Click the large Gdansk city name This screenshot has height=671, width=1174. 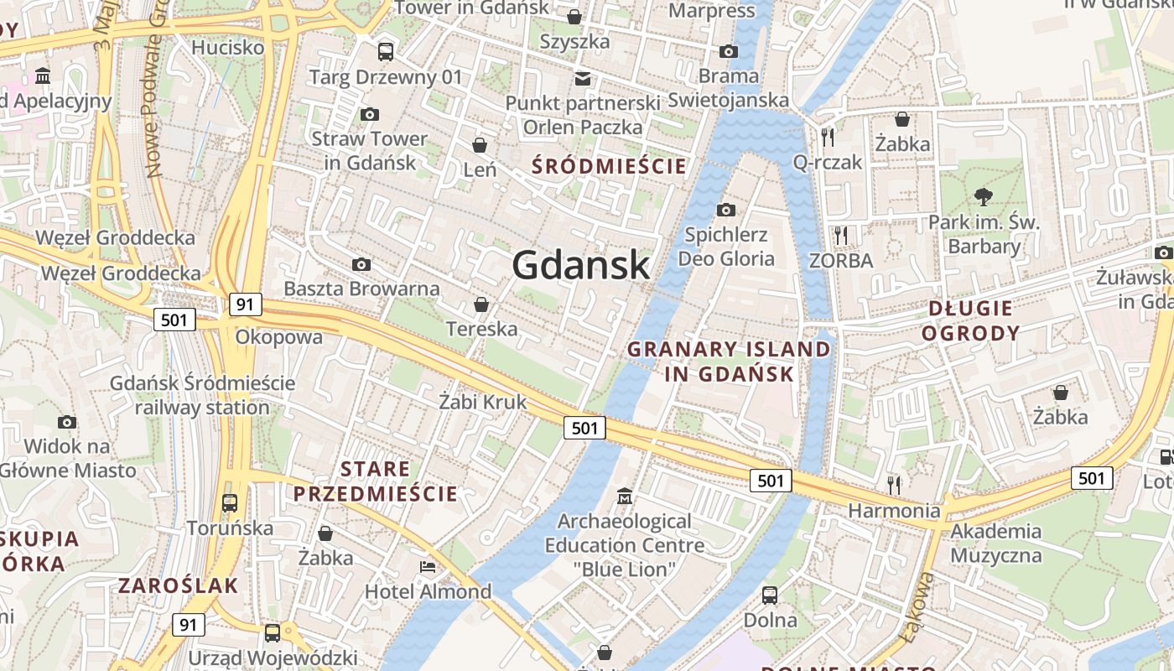580,265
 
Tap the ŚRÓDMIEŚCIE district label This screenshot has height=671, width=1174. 609,166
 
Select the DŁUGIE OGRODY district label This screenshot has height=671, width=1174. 970,320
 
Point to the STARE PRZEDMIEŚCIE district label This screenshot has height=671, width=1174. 376,481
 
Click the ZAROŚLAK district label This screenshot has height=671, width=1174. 179,585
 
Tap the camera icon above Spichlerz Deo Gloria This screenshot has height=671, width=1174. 726,210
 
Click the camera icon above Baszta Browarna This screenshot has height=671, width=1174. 361,265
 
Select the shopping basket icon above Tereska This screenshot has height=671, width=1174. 481,304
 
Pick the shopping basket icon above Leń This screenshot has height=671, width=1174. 480,146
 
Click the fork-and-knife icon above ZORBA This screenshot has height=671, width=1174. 841,236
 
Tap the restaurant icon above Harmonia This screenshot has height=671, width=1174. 894,484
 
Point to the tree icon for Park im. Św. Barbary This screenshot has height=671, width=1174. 984,197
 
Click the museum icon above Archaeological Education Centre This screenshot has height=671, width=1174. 624,497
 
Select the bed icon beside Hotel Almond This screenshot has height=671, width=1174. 428,567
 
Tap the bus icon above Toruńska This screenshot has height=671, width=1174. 229,503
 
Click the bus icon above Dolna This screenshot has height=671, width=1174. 770,596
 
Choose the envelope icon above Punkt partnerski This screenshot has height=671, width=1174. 582,79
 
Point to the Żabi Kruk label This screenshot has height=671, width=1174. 483,402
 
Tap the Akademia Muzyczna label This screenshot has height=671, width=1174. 996,543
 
